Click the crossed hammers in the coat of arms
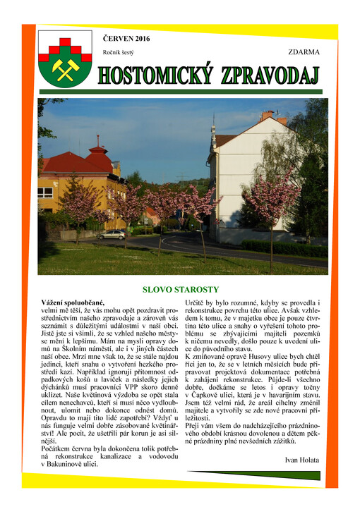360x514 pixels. (64, 68)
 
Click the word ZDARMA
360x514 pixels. (304, 52)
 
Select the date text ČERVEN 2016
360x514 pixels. (126, 38)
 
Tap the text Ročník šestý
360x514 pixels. (118, 52)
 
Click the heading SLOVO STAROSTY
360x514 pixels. (181, 289)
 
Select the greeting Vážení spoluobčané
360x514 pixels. (73, 302)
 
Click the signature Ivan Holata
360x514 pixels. (302, 460)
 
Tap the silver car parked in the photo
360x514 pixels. (112, 235)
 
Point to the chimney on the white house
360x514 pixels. (266, 115)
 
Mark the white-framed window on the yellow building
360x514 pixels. (45, 192)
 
